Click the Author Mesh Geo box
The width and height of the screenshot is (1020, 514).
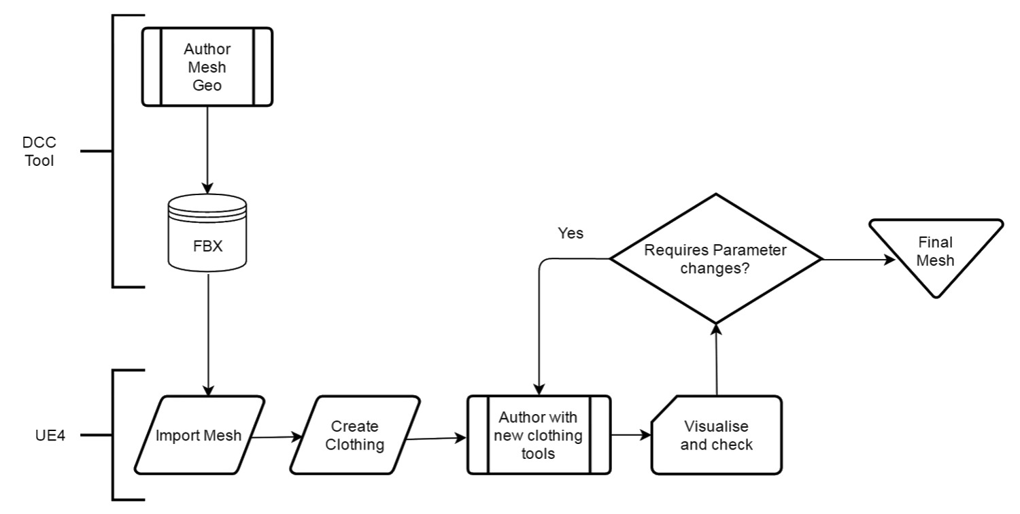[207, 67]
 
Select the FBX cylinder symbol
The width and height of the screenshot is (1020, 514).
[207, 230]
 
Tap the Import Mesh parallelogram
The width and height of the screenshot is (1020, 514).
[199, 435]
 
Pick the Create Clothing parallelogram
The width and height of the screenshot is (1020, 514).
[354, 435]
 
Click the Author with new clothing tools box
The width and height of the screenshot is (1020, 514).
[539, 435]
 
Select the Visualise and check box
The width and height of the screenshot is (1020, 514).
[717, 435]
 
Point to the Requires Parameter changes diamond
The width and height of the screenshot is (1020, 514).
[715, 259]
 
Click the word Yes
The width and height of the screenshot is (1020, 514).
[571, 233]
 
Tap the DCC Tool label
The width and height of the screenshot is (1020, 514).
[38, 152]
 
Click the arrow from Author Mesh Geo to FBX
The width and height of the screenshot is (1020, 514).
[207, 150]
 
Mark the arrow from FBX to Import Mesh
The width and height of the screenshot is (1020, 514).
[207, 333]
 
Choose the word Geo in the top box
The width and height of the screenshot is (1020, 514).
[207, 86]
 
